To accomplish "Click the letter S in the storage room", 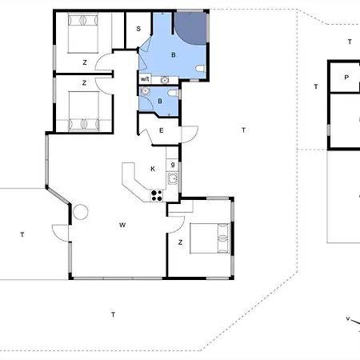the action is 138,29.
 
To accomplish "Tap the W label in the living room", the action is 122,225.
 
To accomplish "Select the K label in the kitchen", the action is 153,169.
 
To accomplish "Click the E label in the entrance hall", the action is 161,130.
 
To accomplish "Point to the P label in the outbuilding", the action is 346,78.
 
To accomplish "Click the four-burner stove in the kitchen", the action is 157,195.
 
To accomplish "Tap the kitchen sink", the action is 173,178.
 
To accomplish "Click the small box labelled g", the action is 173,165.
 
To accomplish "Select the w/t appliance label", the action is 145,79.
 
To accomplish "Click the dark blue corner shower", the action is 191,28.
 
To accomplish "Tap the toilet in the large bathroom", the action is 201,69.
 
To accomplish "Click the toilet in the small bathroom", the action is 173,93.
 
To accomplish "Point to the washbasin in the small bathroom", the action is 145,91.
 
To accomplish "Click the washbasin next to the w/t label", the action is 165,80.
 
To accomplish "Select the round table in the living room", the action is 81,212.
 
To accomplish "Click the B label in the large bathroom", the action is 174,55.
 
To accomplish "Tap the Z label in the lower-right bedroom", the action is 181,242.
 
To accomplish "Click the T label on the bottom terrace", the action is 114,314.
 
